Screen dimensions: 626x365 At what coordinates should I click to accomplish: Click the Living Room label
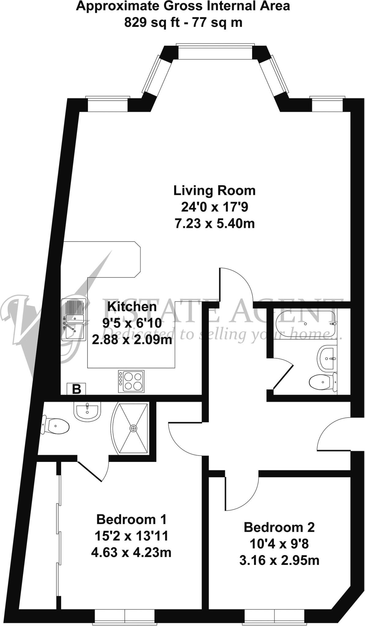(214, 190)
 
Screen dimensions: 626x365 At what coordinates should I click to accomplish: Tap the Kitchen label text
(132, 306)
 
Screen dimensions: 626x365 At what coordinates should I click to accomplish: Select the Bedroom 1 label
(131, 519)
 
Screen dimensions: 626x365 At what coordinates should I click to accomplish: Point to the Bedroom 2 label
(279, 527)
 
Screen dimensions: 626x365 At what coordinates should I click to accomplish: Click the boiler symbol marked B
(76, 389)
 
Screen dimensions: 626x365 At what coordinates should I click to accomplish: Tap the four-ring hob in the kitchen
(131, 381)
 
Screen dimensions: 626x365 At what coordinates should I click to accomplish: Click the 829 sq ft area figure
(152, 22)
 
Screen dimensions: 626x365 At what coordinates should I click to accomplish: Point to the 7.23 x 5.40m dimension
(214, 224)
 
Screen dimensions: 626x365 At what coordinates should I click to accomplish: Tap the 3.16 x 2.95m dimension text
(279, 560)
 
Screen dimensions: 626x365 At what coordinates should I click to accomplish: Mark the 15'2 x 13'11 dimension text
(131, 536)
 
